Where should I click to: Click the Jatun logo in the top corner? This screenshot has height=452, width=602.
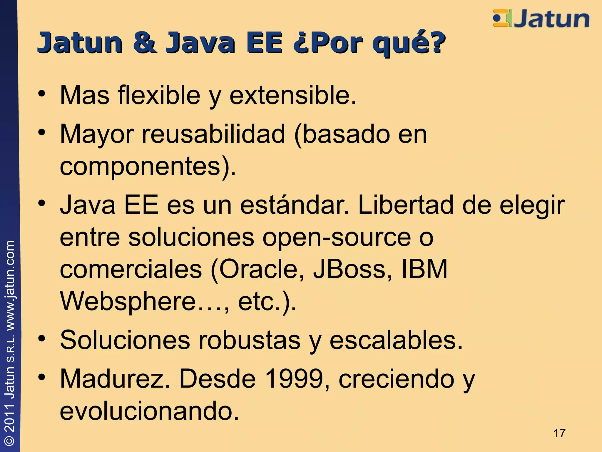click(x=541, y=19)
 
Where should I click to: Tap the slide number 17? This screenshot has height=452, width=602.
click(x=559, y=433)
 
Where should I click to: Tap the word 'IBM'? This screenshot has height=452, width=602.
click(x=424, y=269)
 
